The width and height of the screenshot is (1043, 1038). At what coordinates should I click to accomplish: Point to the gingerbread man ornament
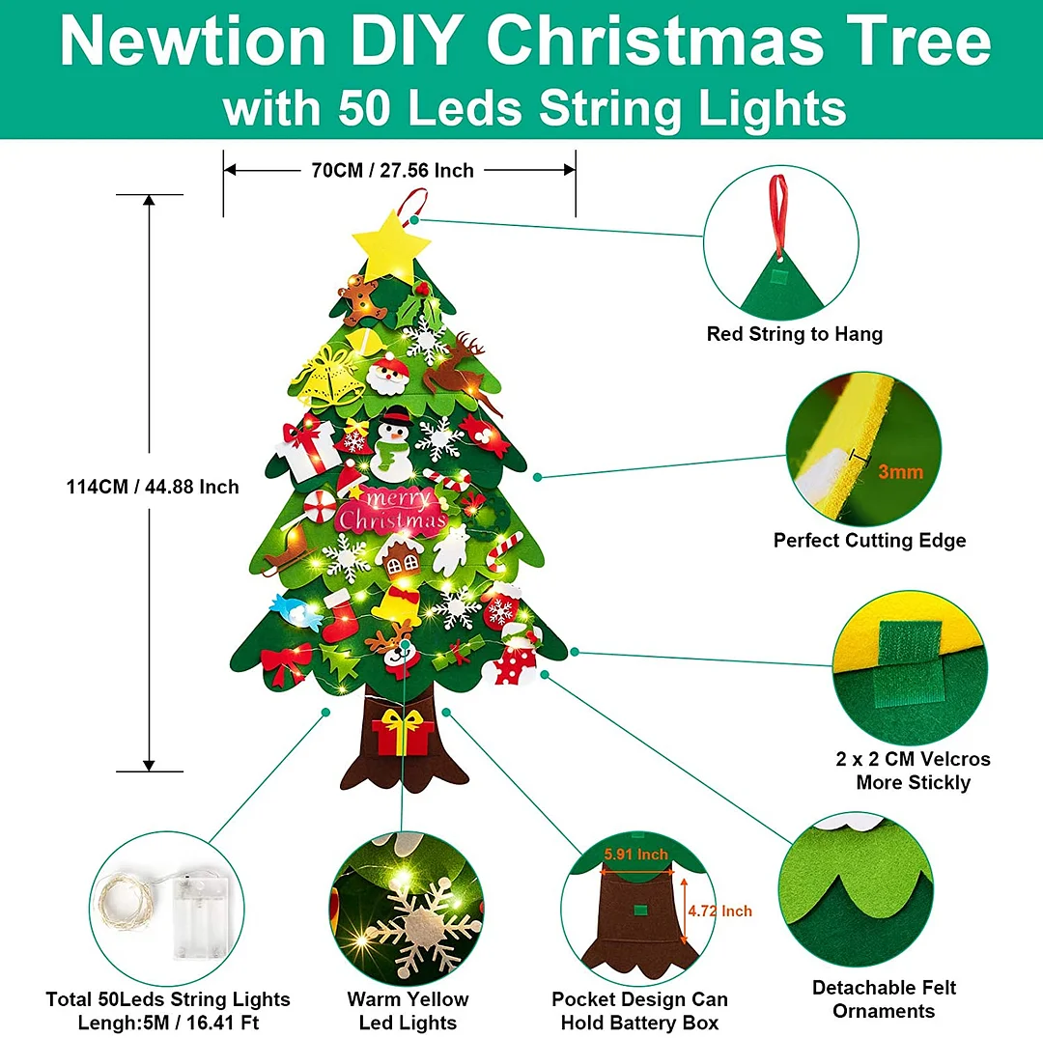360,300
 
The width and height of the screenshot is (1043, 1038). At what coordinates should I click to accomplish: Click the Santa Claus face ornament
388,375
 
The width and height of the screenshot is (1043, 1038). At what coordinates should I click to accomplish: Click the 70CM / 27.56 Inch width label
392,171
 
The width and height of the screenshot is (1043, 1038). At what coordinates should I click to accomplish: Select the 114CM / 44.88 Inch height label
153,487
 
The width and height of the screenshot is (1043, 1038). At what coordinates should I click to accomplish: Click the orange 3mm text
901,472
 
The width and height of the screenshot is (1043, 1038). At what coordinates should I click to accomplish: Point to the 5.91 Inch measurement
635,855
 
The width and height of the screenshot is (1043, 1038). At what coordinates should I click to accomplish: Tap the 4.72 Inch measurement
719,911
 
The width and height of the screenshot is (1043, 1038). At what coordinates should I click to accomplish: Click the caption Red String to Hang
795,334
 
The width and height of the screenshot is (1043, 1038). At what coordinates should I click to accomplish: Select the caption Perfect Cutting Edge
869,540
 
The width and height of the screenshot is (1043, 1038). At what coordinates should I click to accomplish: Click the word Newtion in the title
193,42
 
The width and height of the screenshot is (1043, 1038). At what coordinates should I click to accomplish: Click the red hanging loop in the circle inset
778,212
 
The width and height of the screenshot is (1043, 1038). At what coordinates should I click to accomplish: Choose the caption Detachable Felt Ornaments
884,999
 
